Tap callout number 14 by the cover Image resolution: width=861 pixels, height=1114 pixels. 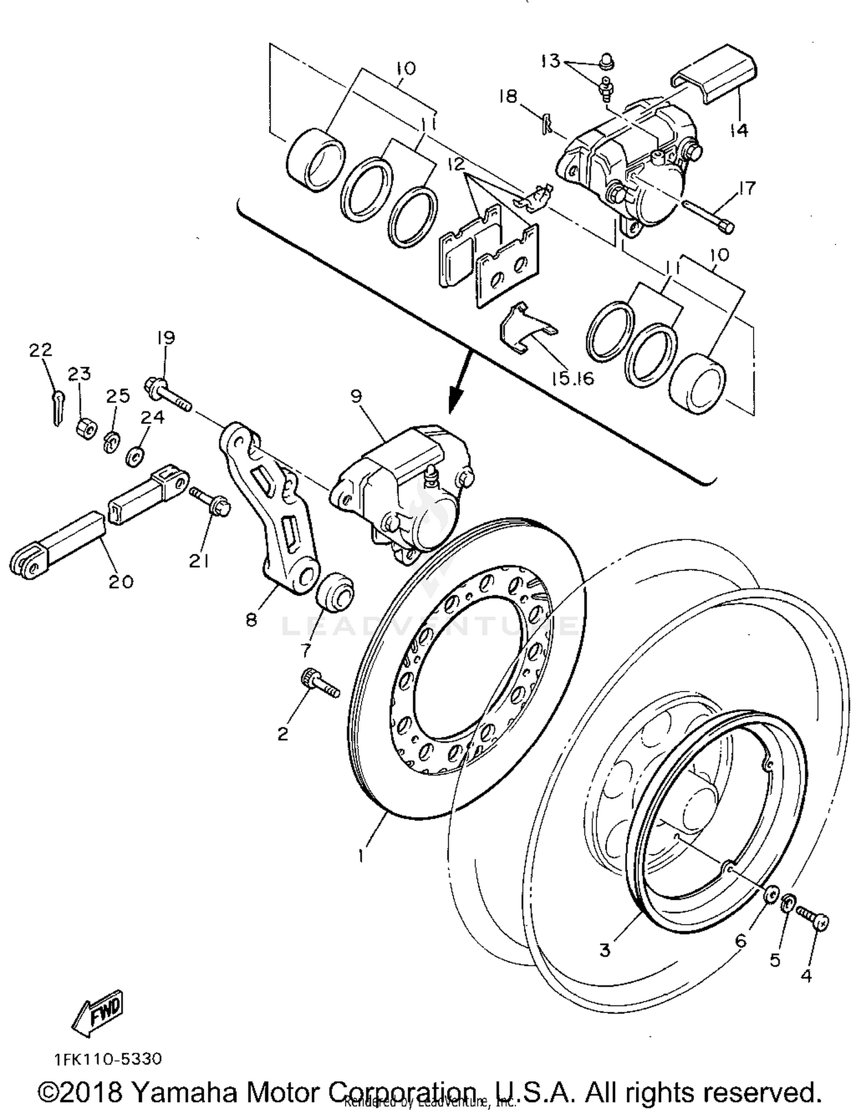[x=739, y=130]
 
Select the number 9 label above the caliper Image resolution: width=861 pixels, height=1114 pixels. [x=356, y=397]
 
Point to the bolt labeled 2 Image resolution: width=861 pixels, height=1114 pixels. [x=319, y=685]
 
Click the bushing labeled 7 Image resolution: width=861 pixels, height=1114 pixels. [x=335, y=592]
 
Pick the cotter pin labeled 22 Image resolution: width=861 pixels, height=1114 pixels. [x=56, y=408]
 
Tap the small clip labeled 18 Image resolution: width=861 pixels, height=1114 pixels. [x=547, y=123]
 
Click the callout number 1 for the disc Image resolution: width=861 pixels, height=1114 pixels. [x=360, y=856]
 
